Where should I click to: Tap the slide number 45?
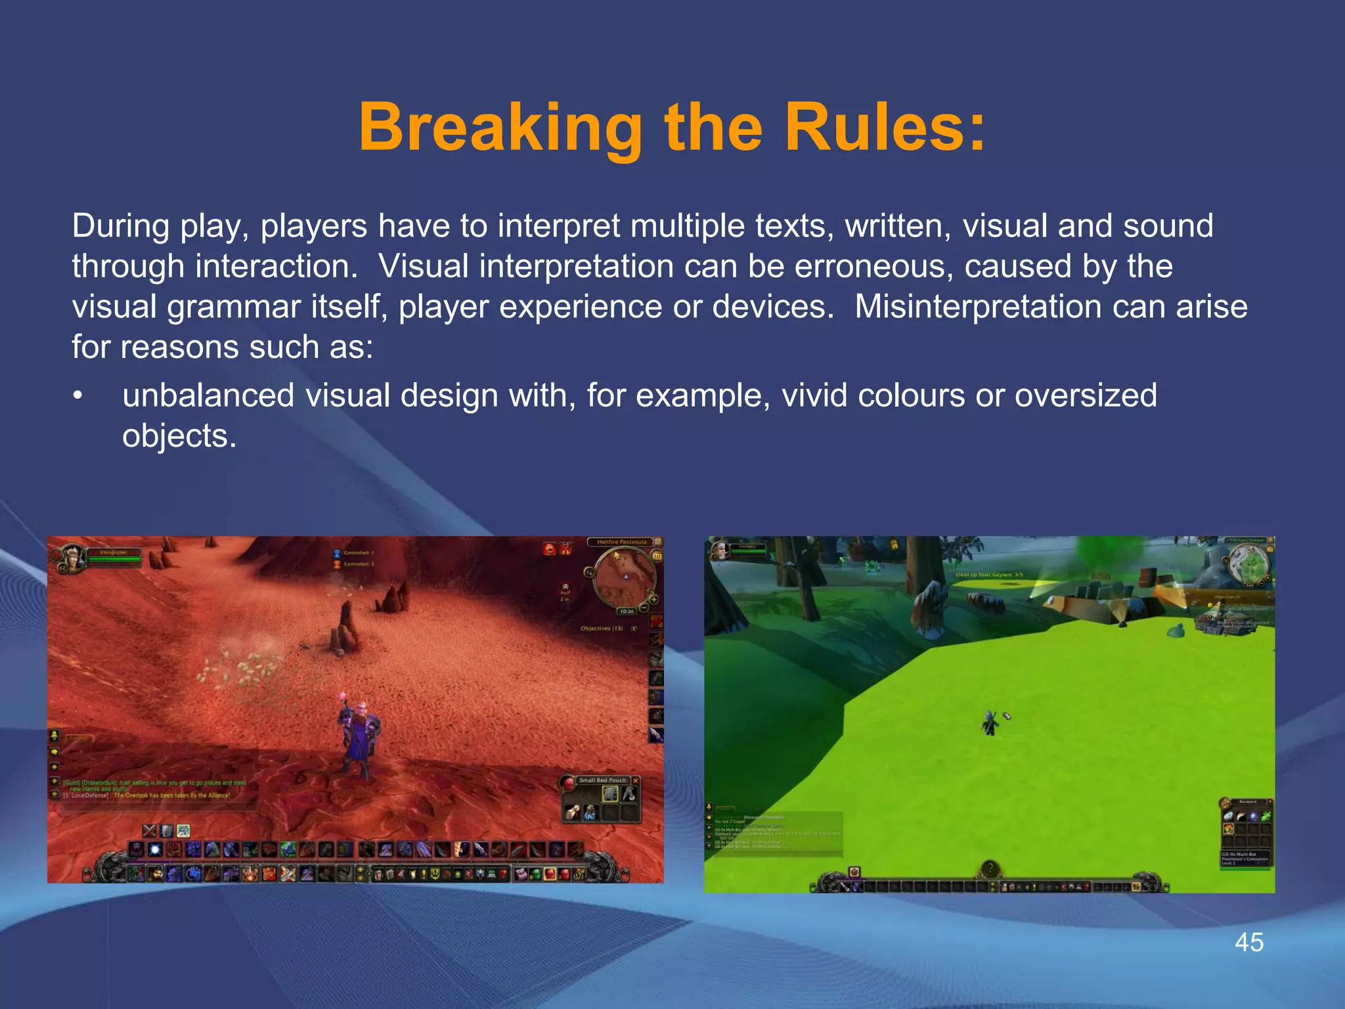click(1249, 942)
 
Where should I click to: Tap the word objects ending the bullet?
click(179, 436)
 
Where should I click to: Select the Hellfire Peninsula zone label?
click(621, 542)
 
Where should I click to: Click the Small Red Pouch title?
click(602, 780)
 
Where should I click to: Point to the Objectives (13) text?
click(602, 629)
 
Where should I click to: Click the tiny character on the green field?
click(990, 724)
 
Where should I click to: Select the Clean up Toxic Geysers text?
click(988, 575)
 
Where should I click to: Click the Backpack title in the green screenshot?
click(1247, 802)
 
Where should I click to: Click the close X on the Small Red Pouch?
click(635, 780)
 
